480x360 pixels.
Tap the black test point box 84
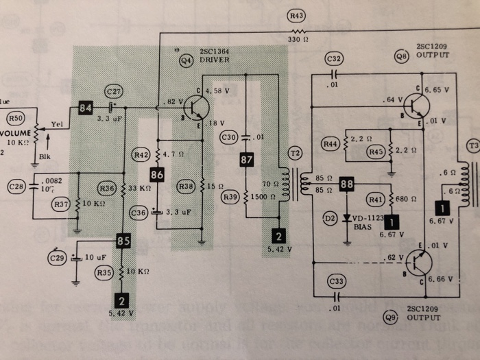click(x=86, y=108)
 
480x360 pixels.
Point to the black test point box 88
click(x=347, y=184)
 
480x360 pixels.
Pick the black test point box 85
click(x=123, y=241)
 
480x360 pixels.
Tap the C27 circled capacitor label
click(x=113, y=91)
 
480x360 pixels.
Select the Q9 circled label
click(x=390, y=316)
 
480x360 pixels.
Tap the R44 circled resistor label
click(x=331, y=144)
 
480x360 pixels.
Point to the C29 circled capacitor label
click(x=57, y=258)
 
